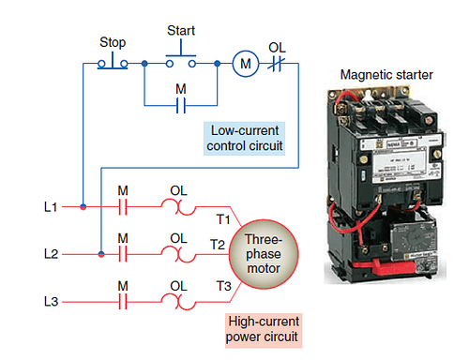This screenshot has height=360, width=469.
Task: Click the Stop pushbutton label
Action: pos(113,43)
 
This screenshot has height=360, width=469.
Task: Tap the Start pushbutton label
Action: pos(180,30)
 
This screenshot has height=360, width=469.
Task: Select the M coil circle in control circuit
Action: pos(247,64)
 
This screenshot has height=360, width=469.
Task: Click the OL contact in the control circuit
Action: pos(277,64)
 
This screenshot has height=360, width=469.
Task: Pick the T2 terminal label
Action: pos(218,244)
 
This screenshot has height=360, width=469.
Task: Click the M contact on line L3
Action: pos(122,301)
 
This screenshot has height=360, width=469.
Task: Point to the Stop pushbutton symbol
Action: pos(113,62)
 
